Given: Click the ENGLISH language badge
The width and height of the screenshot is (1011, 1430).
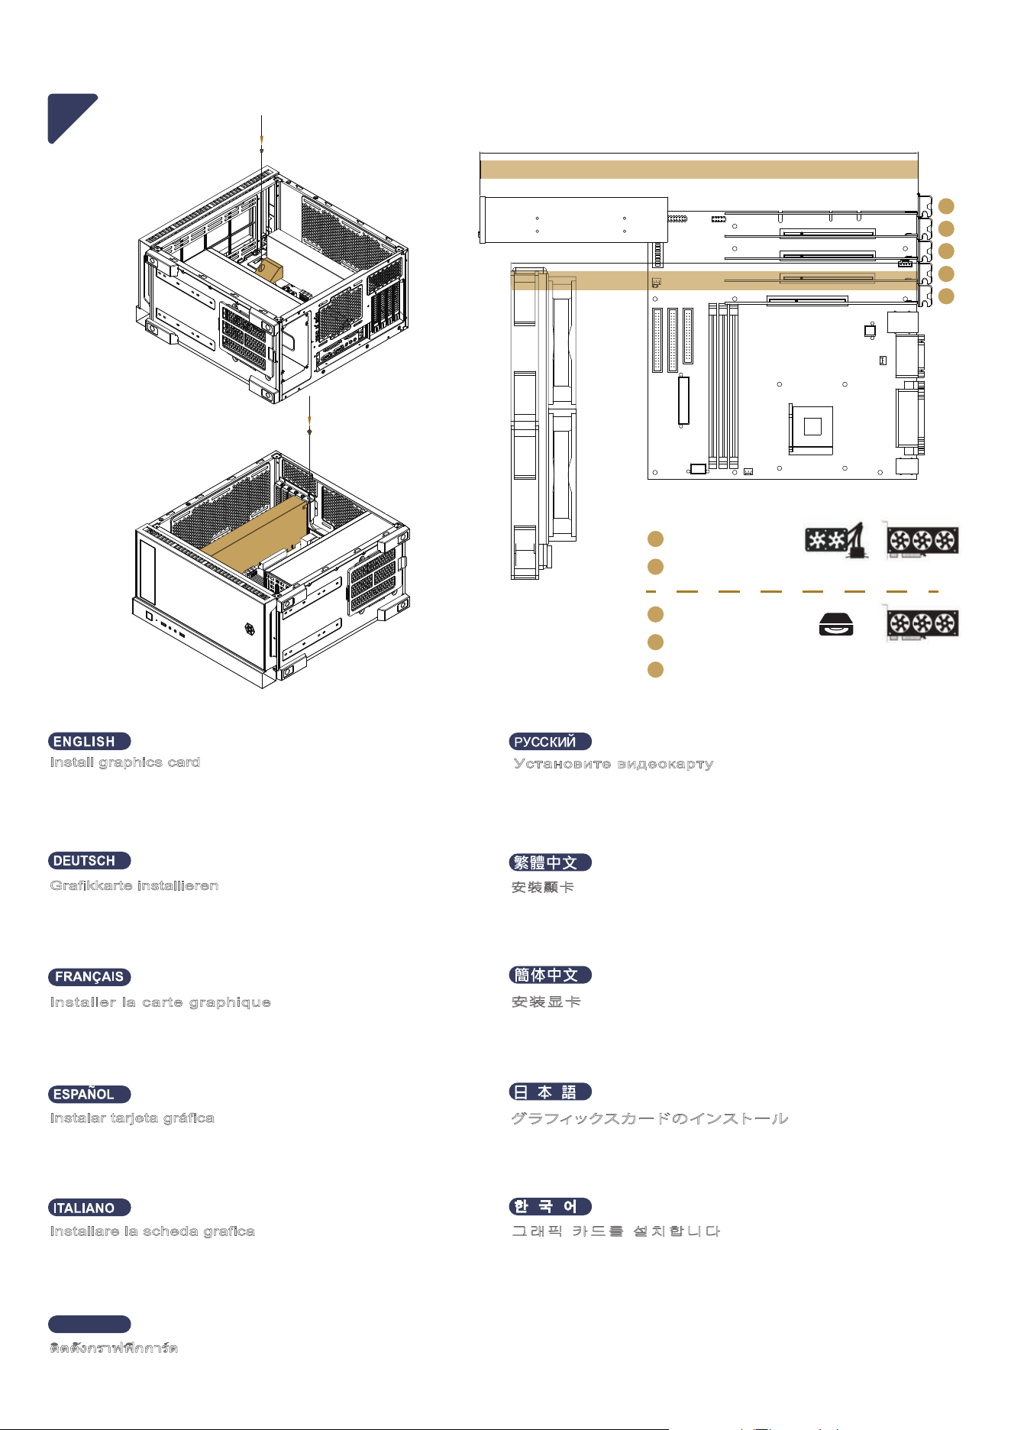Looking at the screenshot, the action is pyautogui.click(x=89, y=741).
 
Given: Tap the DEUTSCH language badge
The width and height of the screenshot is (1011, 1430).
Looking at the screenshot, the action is pyautogui.click(x=89, y=861).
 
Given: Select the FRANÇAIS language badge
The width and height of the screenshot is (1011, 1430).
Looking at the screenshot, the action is pyautogui.click(x=89, y=977).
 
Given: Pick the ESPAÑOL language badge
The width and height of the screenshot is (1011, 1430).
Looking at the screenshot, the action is pyautogui.click(x=89, y=1095).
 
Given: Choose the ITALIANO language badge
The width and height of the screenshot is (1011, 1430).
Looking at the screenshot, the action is pyautogui.click(x=89, y=1208).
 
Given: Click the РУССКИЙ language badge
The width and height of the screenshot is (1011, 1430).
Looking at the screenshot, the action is pyautogui.click(x=551, y=741).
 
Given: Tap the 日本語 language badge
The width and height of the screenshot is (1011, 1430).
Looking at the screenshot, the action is pyautogui.click(x=551, y=1092).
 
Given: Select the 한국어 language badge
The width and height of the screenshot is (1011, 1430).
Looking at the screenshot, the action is pyautogui.click(x=551, y=1206).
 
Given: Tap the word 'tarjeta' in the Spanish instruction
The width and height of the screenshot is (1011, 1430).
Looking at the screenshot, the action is pyautogui.click(x=134, y=1118).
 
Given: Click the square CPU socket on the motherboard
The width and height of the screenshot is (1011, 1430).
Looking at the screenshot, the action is pyautogui.click(x=812, y=427).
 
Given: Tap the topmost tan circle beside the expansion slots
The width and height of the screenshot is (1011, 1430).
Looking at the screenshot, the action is pyautogui.click(x=946, y=206).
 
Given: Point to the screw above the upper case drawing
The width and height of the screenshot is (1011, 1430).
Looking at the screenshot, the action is pyautogui.click(x=262, y=150).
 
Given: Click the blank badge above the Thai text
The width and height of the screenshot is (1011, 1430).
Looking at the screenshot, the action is pyautogui.click(x=89, y=1324).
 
